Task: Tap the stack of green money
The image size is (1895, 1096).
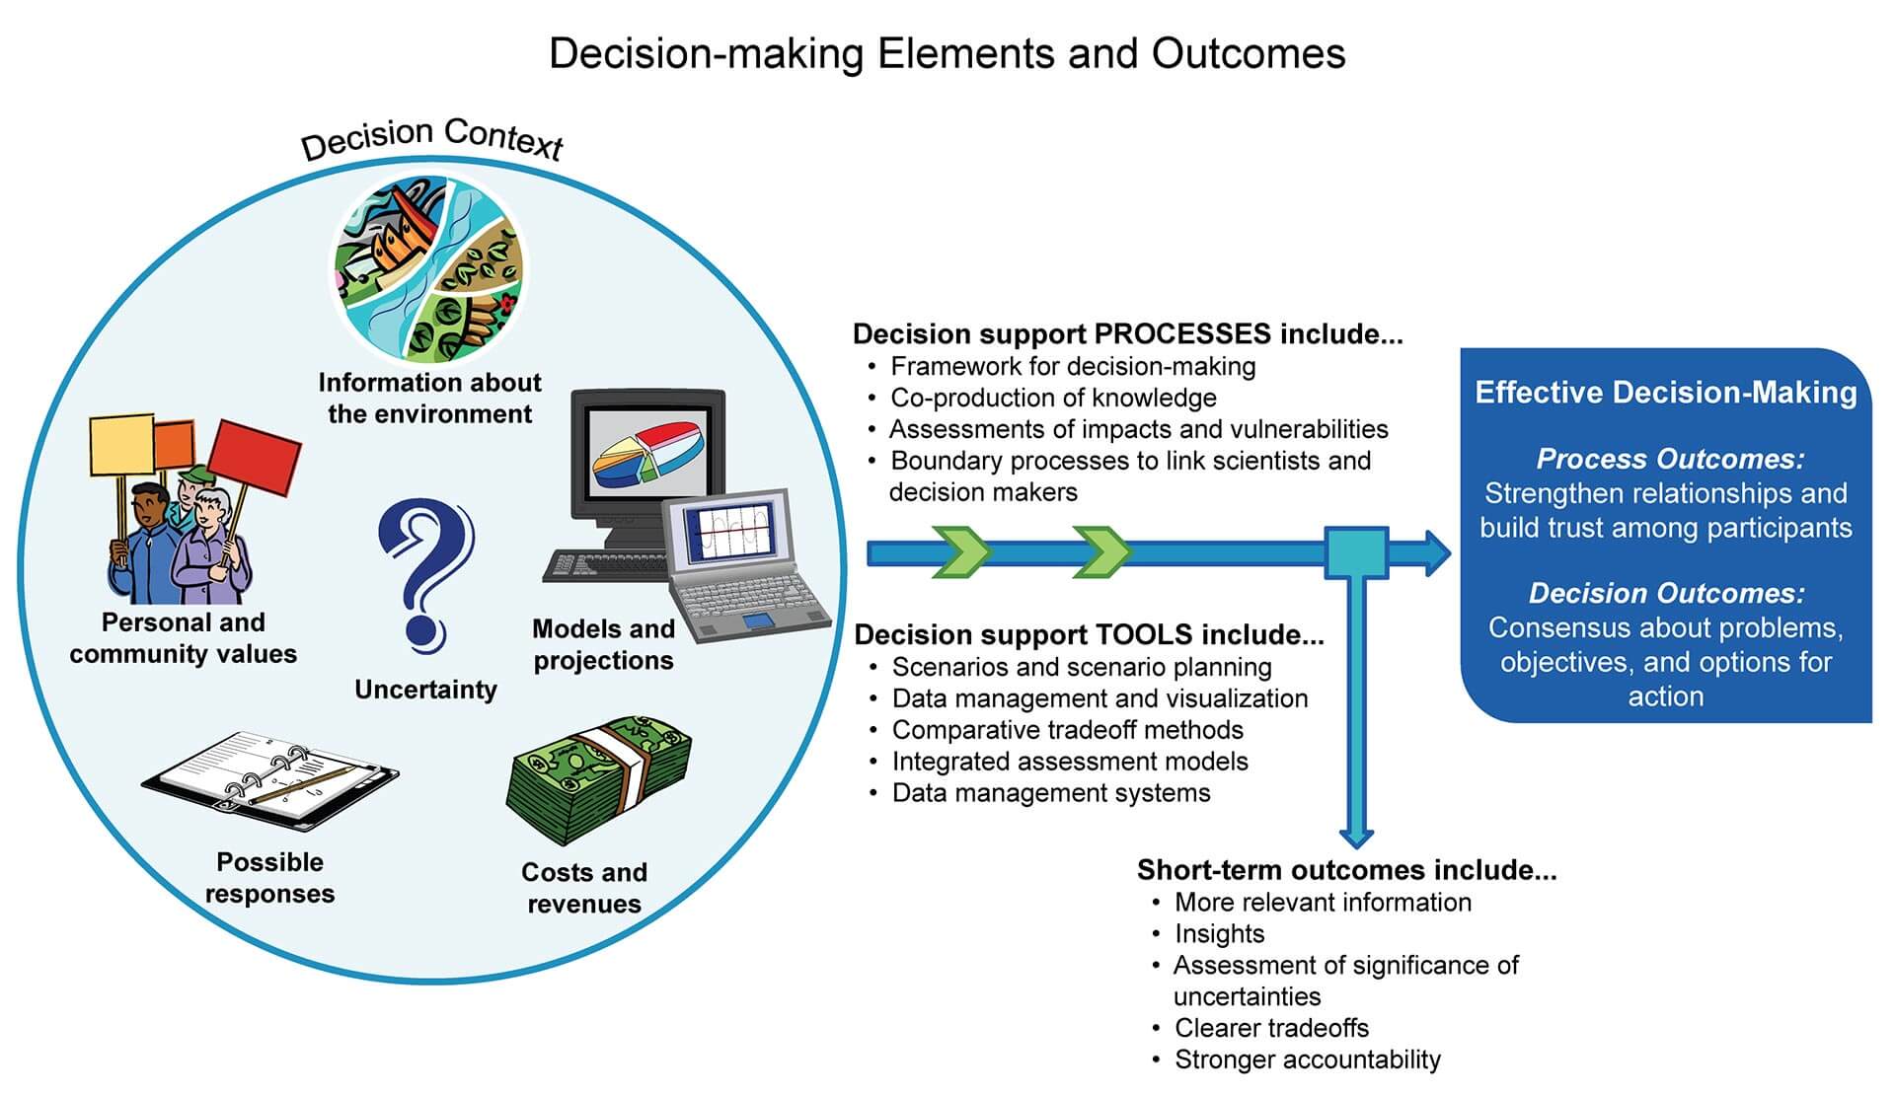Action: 598,779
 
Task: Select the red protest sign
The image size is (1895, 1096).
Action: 256,454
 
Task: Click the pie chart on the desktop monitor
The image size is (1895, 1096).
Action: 647,454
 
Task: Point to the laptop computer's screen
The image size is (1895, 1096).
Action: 730,538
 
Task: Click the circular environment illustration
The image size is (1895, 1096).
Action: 427,268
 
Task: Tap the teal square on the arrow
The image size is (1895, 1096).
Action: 1355,553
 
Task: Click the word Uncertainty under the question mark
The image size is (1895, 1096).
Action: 425,690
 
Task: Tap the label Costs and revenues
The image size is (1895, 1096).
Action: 583,888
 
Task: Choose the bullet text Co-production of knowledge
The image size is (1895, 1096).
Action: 1053,398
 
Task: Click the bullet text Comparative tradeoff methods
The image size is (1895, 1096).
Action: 1067,730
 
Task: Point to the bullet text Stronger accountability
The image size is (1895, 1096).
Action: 1307,1059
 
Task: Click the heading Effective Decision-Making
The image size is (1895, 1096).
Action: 1665,393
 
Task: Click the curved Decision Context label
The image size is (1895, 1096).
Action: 431,138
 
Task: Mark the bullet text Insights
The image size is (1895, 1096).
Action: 1219,933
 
